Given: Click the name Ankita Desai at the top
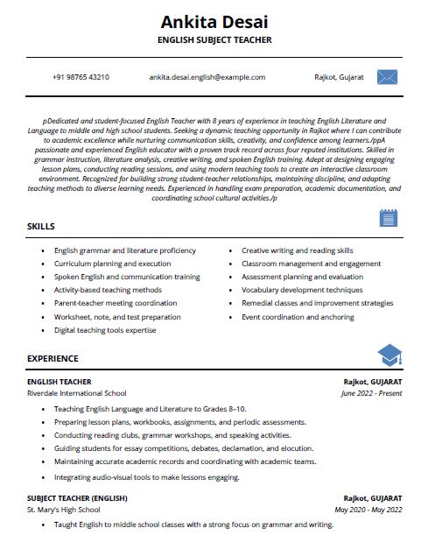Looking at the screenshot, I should point(214,20).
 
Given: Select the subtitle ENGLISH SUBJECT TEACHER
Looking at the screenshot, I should point(214,40).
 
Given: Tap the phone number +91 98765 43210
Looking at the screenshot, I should point(81,77).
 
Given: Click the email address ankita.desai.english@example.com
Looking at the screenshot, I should point(207,77).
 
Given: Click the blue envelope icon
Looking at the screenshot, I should point(387,77).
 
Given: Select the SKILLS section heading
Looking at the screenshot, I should point(41,227).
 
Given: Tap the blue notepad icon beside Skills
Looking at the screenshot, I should point(389,218).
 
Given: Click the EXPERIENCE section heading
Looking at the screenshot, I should point(53,358).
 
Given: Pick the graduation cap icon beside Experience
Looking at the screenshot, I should point(389,355).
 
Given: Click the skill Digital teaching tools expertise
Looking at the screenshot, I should point(105,330).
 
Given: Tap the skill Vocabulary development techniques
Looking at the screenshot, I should point(302,290).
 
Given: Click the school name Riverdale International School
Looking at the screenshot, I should point(77,393).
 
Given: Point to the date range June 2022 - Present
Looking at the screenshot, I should point(371,393).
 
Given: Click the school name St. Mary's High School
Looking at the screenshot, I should point(65,509).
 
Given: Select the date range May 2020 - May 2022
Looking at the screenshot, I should point(368,509).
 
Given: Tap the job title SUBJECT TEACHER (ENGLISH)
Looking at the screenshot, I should point(77,497).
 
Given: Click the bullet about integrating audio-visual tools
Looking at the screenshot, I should point(146,477).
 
